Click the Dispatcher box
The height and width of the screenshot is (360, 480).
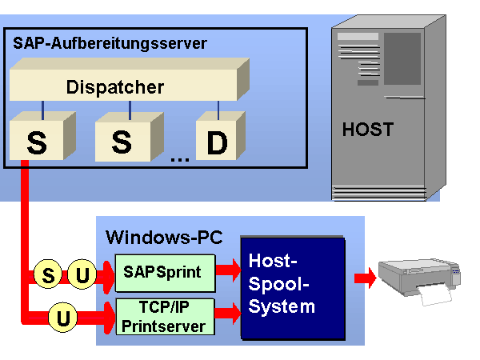[120, 86]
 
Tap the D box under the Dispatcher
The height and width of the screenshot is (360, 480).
[217, 142]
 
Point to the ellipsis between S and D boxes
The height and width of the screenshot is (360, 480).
[179, 157]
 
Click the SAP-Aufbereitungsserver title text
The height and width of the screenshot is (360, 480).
[110, 43]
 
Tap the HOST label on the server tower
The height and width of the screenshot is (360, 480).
[369, 129]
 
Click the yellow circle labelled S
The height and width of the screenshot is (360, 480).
[48, 276]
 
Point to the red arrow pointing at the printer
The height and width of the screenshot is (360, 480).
[366, 278]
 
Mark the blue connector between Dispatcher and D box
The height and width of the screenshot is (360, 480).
[218, 107]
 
